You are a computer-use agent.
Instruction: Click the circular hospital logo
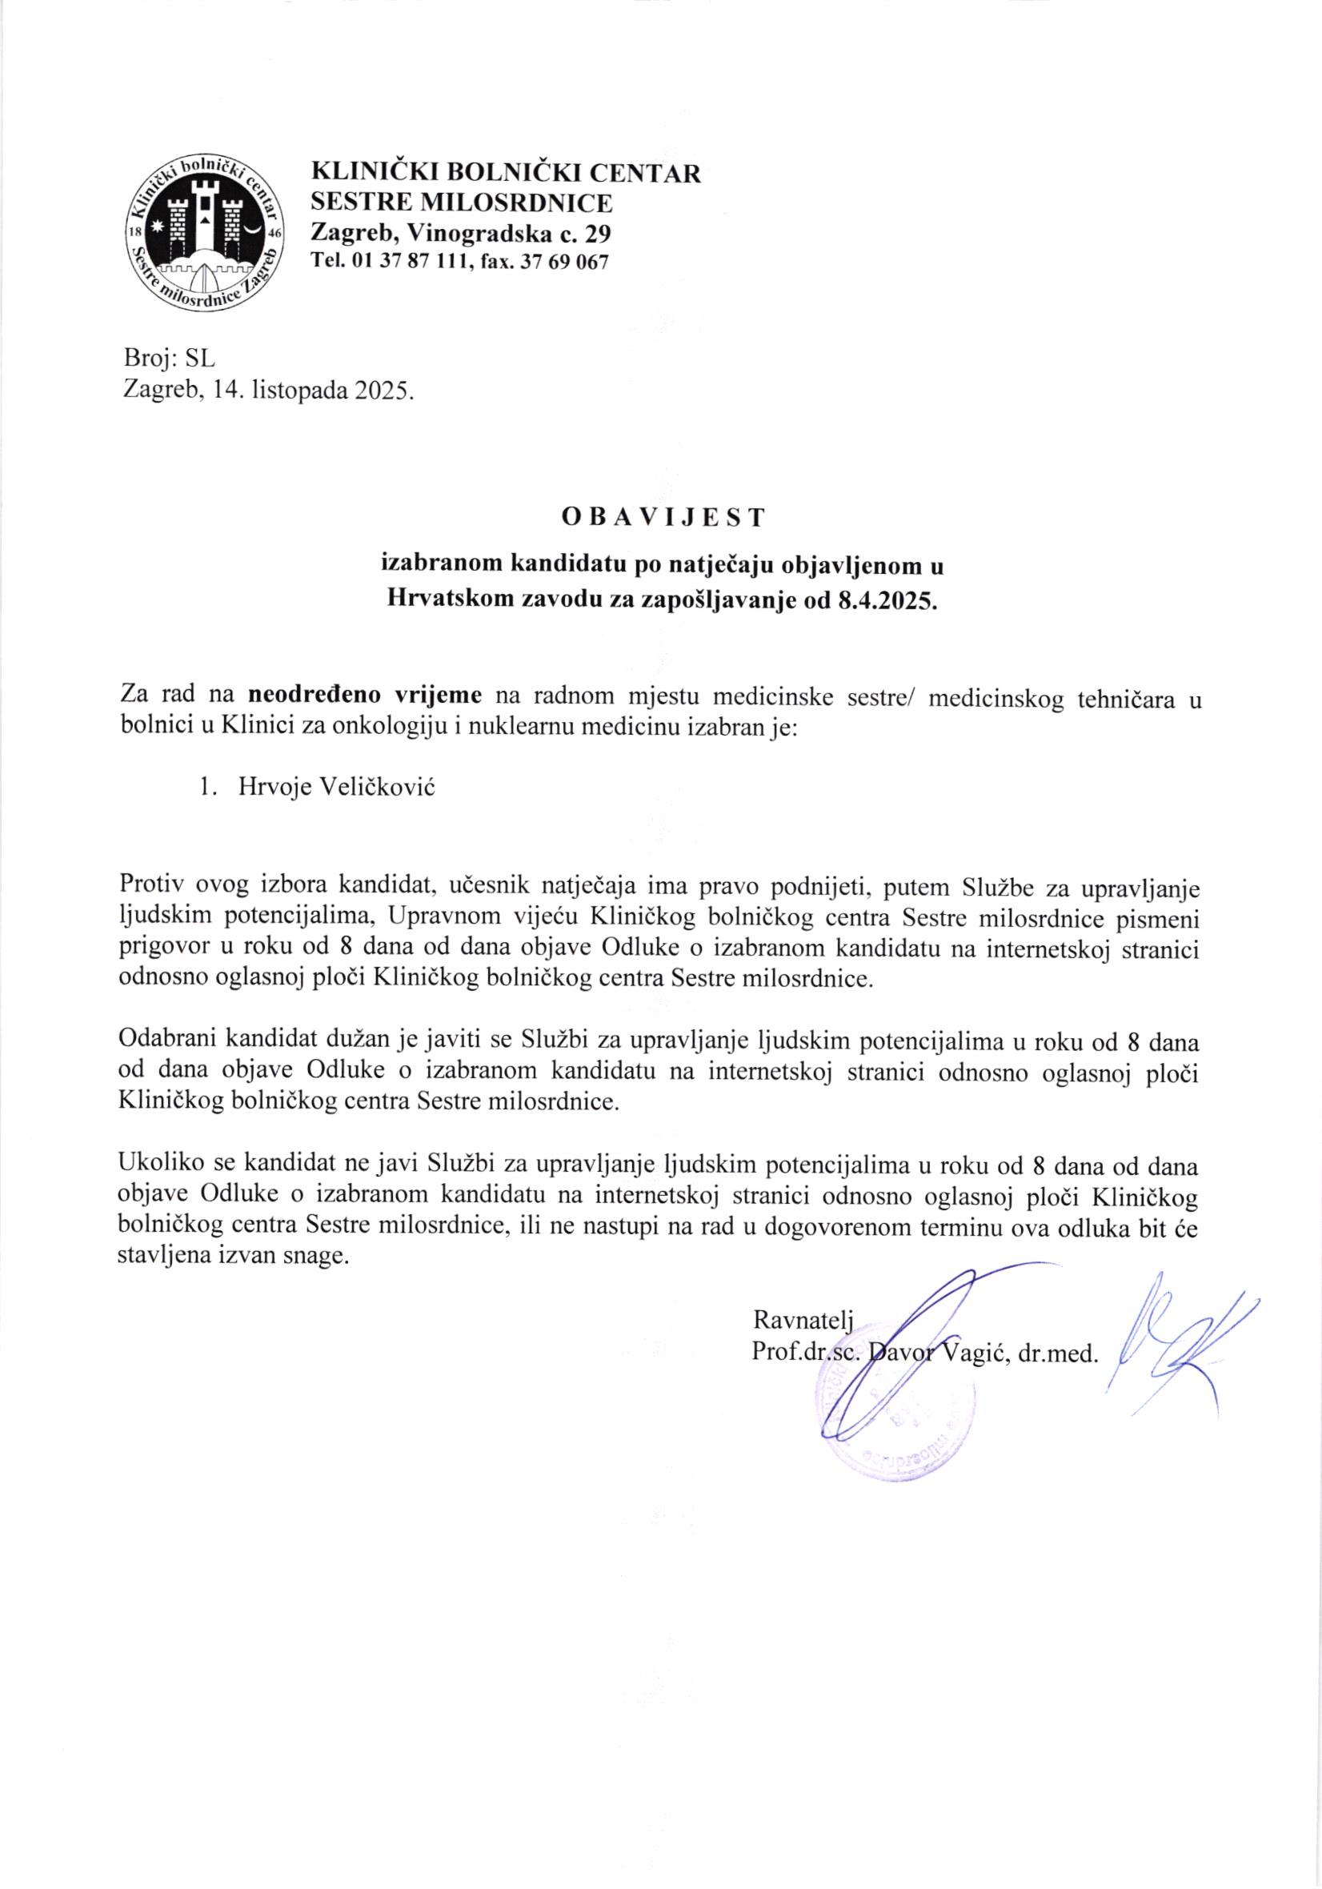point(204,233)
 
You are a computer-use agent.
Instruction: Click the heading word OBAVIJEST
point(663,518)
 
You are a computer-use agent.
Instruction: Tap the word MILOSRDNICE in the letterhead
point(517,203)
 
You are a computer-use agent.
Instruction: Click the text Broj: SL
point(169,359)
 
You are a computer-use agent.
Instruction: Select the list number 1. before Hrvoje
point(207,788)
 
